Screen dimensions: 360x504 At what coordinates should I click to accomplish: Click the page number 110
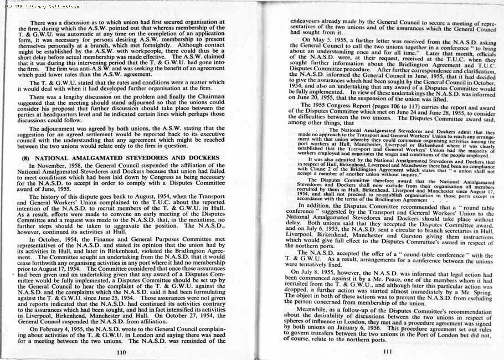(x=122, y=352)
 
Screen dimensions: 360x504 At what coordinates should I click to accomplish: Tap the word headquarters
(x=79, y=116)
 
